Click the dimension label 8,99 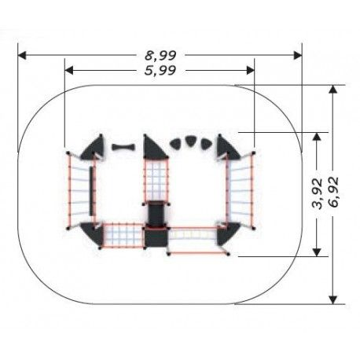pyautogui.click(x=160, y=56)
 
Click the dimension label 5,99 pyautogui.click(x=160, y=71)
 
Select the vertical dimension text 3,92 pyautogui.click(x=318, y=193)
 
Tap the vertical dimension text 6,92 pyautogui.click(x=333, y=193)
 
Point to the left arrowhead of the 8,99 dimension pyautogui.click(x=22, y=55)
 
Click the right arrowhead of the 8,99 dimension pyautogui.click(x=298, y=55)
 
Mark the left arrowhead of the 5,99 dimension pyautogui.click(x=68, y=70)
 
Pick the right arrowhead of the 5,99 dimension pyautogui.click(x=251, y=70)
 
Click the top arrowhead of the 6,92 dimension pyautogui.click(x=332, y=90)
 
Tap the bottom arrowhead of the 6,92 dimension pyautogui.click(x=332, y=299)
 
